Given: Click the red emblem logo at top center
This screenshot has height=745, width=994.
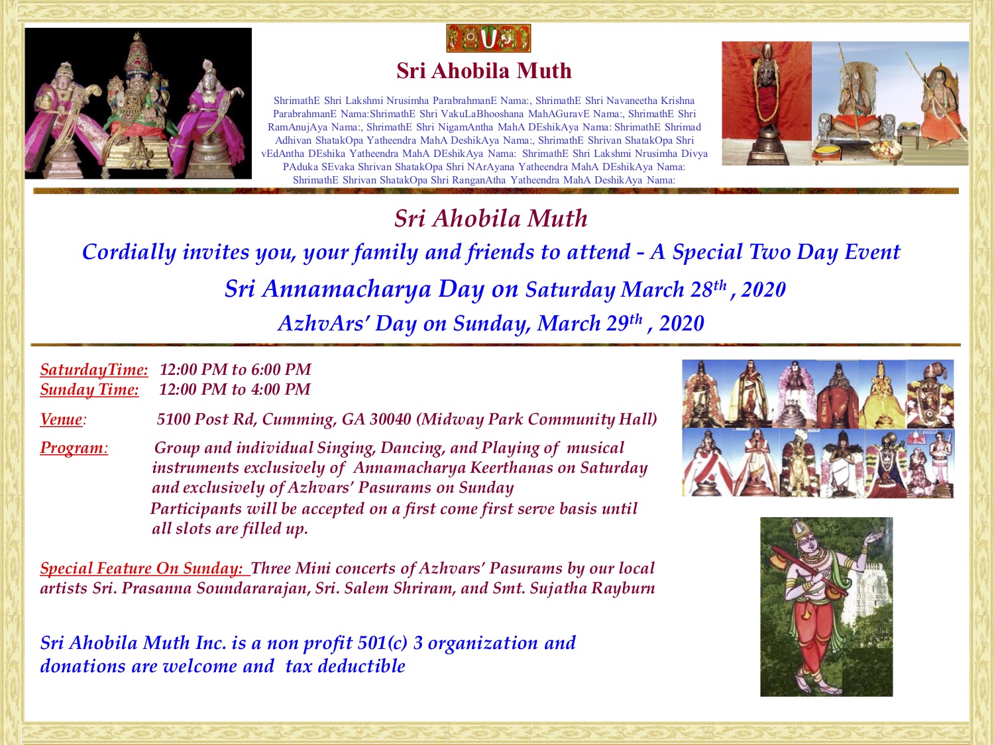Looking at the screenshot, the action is tap(488, 38).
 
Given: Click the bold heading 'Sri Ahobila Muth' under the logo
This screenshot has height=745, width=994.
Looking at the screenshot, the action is tap(484, 71).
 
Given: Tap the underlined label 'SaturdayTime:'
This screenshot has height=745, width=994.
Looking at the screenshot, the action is tap(94, 370).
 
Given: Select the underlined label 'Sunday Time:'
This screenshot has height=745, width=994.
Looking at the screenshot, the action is tap(89, 390).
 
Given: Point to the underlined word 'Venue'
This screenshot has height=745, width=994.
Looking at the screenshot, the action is tap(61, 419).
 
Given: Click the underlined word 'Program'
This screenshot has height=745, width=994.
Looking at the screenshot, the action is tap(72, 448).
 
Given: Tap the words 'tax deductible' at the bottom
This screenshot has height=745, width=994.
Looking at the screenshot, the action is tap(345, 666).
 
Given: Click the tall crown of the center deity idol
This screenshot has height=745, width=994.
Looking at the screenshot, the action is tap(137, 52).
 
